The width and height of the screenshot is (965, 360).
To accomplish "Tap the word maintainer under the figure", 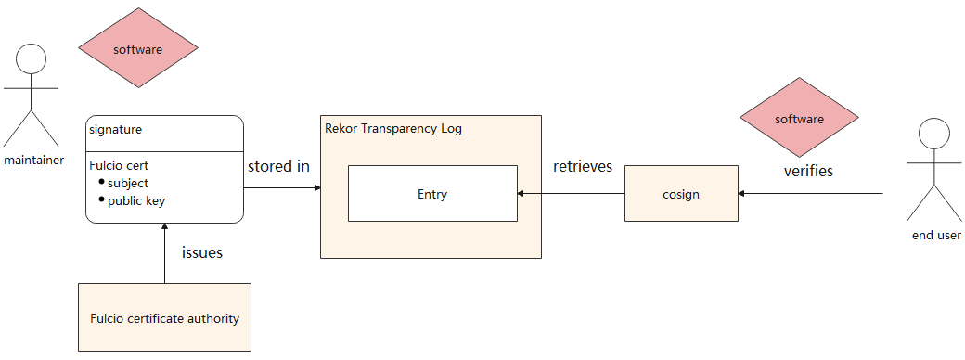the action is point(33,161).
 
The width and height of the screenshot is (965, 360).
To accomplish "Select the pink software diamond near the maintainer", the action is point(138,48).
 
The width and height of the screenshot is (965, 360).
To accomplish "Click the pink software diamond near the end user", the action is point(799,117).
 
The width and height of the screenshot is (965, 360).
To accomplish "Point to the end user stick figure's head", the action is point(933,135).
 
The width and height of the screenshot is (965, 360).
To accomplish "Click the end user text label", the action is point(936,235).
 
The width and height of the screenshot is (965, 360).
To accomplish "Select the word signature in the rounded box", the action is point(116,130).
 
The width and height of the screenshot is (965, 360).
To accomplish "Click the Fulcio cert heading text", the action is point(119,165).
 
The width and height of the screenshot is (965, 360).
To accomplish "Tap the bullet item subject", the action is point(128,184).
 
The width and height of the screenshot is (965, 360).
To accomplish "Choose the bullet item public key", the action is point(136,200).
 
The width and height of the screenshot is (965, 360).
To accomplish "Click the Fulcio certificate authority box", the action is point(164,317).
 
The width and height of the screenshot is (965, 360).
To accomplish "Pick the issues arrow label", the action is point(202,252).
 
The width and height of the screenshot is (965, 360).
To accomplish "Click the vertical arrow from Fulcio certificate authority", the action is point(164,253).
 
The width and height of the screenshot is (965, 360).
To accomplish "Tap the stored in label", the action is point(278,166).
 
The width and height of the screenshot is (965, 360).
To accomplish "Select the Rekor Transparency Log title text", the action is point(392,129).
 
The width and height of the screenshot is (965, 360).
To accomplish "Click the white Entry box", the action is point(432,193).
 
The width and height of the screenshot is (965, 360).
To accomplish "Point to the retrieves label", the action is point(583,166).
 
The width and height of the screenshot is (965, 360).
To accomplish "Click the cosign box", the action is point(681,193).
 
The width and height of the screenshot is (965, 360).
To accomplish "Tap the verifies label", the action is point(808,171).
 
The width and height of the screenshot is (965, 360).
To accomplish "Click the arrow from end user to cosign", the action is point(811,194).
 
